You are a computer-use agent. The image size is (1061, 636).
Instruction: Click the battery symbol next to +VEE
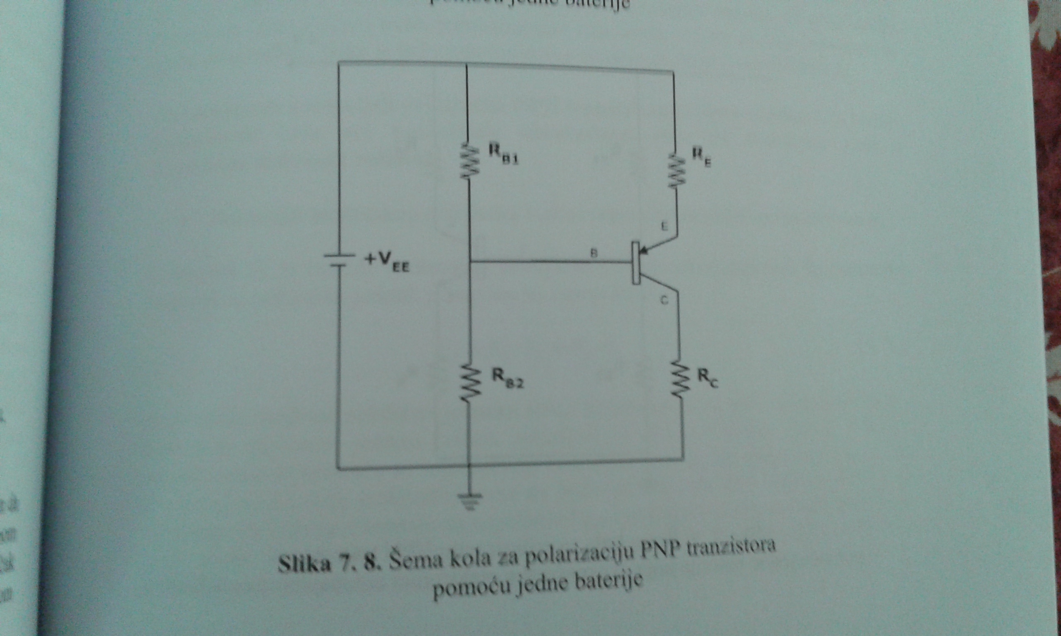[x=339, y=260]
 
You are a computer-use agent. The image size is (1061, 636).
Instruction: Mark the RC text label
[x=707, y=378]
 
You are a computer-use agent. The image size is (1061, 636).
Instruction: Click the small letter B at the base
[x=594, y=253]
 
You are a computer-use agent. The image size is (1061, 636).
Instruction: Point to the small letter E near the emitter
[x=664, y=226]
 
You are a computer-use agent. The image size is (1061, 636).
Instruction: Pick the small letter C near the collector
[x=664, y=301]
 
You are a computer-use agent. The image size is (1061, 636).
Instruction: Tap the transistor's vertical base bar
[x=636, y=263]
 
